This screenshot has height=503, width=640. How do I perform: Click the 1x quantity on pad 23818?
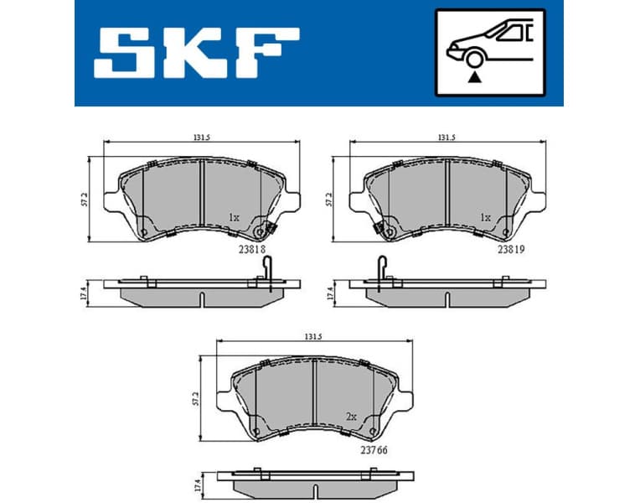(x=235, y=217)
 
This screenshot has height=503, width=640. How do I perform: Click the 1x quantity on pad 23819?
(x=484, y=217)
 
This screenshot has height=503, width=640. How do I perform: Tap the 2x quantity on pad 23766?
(x=352, y=416)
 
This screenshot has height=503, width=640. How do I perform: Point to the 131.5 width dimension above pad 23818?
(x=200, y=137)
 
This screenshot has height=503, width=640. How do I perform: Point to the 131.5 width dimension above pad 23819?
(x=446, y=137)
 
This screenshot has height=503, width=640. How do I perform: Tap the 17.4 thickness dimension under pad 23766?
(x=198, y=485)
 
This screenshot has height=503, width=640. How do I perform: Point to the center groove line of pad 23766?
(x=312, y=397)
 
